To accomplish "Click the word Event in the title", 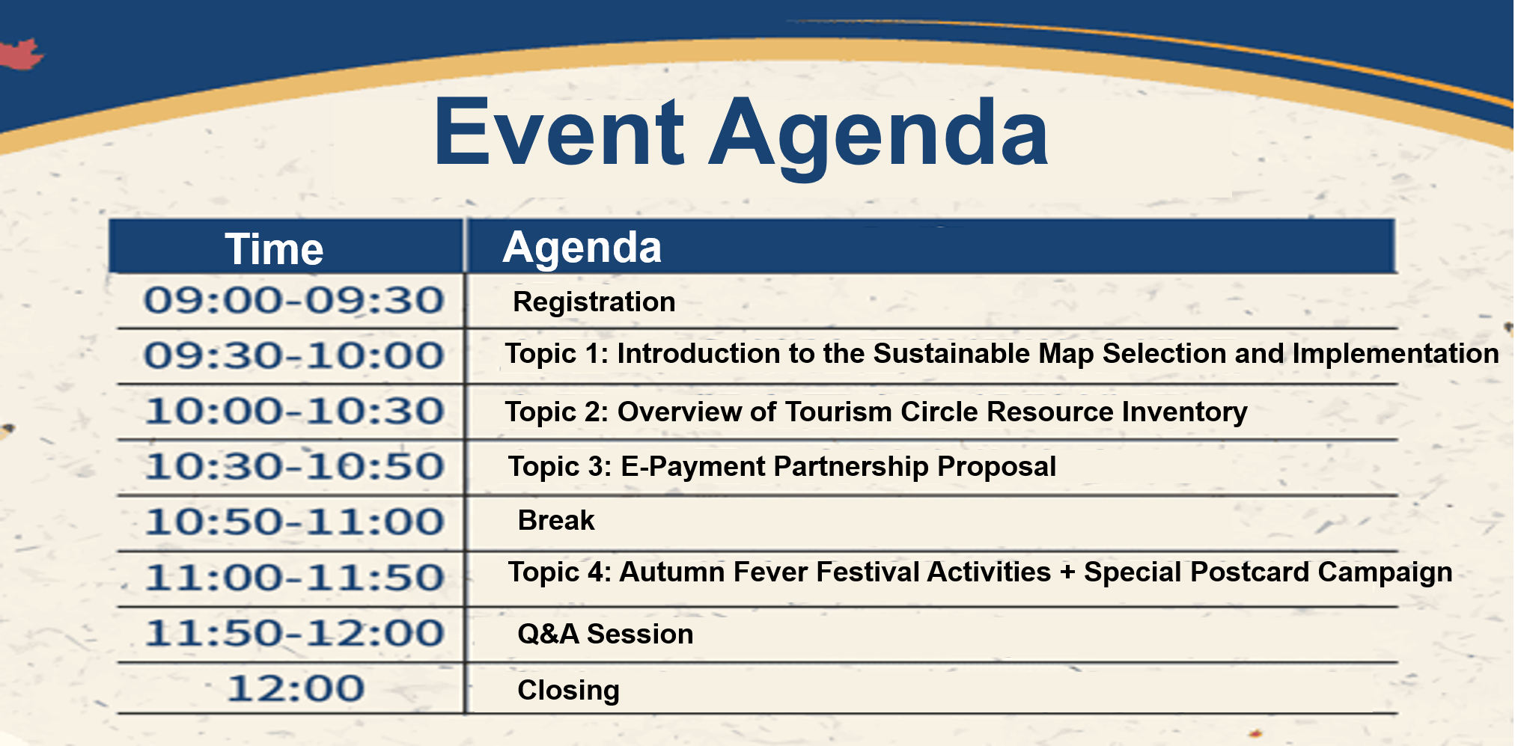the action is pos(559,132).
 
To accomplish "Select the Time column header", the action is pos(274,249).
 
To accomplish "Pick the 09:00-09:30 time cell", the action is pos(294,301).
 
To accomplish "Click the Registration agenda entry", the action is pos(594,302).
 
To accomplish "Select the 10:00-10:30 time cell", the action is pos(294,412).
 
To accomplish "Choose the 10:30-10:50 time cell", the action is pos(294,467).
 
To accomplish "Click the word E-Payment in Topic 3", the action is pos(693,468).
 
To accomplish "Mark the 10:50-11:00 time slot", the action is pos(294,522).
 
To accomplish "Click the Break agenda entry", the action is pos(556,521).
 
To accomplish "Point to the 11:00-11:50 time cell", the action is pos(294,578).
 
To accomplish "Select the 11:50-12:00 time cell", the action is pos(294,633).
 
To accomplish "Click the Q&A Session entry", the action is pos(605,635).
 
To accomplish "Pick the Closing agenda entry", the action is pos(568,691).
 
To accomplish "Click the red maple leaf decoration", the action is pos(20,54).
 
